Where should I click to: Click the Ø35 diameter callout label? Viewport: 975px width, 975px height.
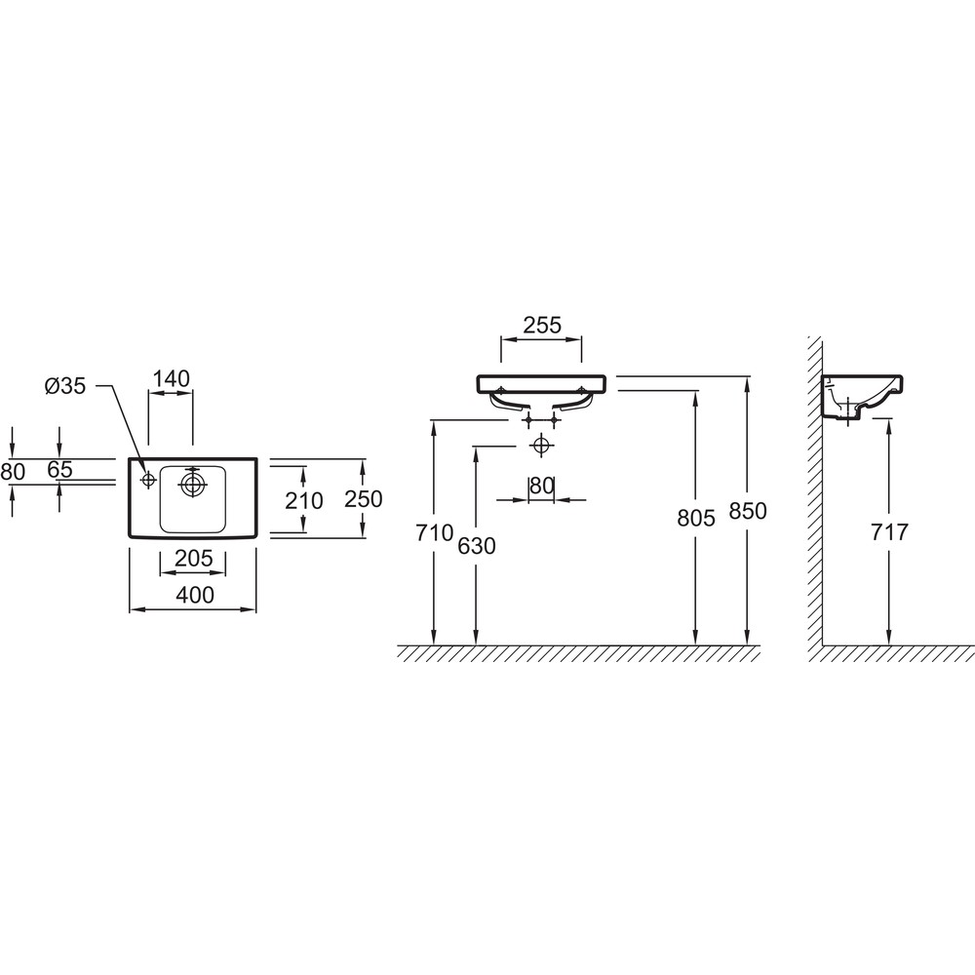(x=65, y=386)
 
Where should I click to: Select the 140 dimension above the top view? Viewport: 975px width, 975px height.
(x=171, y=378)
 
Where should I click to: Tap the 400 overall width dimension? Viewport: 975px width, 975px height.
(x=195, y=595)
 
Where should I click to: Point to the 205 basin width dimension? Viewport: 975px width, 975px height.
(x=193, y=559)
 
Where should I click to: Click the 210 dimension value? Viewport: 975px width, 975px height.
(x=304, y=500)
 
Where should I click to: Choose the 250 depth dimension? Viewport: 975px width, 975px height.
(x=364, y=498)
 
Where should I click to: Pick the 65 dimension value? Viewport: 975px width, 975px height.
(x=59, y=470)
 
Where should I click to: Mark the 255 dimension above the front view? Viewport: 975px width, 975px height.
(x=542, y=326)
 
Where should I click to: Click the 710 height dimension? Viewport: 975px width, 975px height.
(x=435, y=533)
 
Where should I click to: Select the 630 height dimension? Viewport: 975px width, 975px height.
(x=477, y=546)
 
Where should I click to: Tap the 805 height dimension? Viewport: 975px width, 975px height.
(x=696, y=518)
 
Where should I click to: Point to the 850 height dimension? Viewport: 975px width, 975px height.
(x=748, y=511)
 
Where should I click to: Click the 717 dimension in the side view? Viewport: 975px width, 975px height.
(x=889, y=532)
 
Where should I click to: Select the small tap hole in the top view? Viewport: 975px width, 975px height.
(x=148, y=480)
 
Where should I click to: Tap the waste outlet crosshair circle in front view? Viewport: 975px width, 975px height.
(x=541, y=446)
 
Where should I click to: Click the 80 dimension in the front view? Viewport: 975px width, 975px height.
(x=541, y=486)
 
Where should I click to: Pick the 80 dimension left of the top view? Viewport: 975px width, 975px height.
(x=13, y=472)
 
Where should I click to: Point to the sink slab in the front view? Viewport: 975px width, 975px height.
(x=541, y=384)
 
